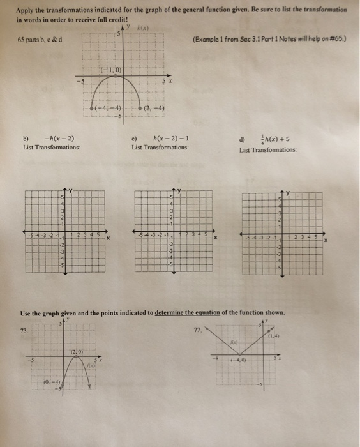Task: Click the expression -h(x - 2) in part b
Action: pyautogui.click(x=59, y=139)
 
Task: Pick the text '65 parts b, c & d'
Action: pyautogui.click(x=42, y=40)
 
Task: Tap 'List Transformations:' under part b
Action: pyautogui.click(x=51, y=148)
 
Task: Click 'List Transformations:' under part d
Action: pyautogui.click(x=268, y=150)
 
